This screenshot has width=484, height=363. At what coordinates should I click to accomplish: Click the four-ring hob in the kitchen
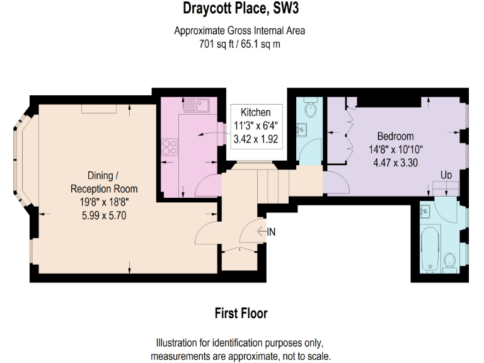(x=170, y=146)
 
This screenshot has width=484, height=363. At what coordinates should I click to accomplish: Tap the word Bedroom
(x=395, y=136)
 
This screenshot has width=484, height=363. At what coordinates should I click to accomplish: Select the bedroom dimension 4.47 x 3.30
(x=395, y=161)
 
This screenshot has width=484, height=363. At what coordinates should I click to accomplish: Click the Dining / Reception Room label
(x=103, y=182)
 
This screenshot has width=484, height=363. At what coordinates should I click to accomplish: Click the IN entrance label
(x=271, y=232)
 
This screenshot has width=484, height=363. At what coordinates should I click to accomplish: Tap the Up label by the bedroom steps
(x=446, y=174)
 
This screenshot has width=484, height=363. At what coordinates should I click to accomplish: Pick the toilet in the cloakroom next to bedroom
(x=309, y=110)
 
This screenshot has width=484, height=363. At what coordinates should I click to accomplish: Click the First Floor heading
(x=241, y=313)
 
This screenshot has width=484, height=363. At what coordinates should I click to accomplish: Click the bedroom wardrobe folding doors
(x=349, y=130)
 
